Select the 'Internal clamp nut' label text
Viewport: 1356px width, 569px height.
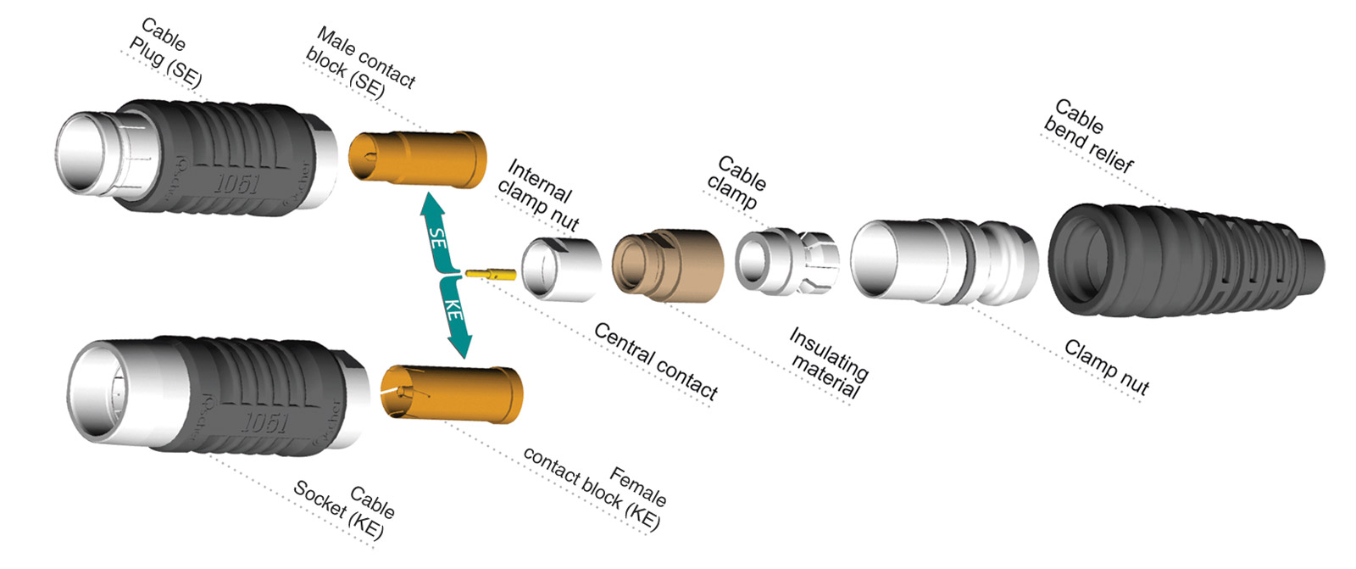539,195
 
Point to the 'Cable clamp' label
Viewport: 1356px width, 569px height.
736,182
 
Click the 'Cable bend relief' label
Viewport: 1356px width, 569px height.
1089,136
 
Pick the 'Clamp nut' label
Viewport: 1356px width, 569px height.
1106,367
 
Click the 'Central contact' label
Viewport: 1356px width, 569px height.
655,360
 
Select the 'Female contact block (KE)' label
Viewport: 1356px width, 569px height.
593,488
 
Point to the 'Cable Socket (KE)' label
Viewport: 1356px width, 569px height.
343,509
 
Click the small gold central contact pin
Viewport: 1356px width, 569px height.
491,274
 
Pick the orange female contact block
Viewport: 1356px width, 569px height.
452,392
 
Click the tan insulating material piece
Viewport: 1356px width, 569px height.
668,265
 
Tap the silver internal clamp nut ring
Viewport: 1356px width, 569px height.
559,269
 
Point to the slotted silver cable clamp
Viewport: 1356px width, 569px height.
786,261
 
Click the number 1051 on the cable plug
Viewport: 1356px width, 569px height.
236,183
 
